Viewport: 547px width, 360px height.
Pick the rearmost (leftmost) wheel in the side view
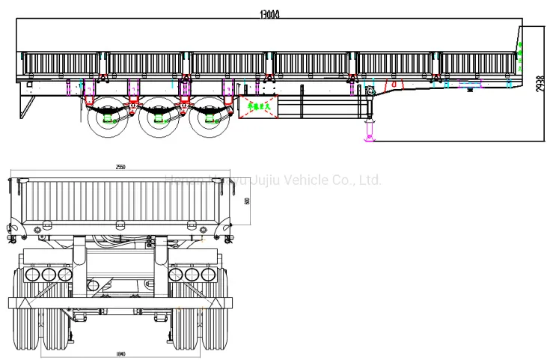pyautogui.click(x=107, y=120)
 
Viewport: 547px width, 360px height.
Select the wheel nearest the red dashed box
pyautogui.click(x=208, y=120)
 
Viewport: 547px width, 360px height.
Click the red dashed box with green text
pyautogui.click(x=257, y=107)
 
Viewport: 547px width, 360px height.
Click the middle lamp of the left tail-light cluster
pyautogui.click(x=48, y=275)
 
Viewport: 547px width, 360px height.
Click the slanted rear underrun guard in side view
pyautogui.click(x=27, y=105)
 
